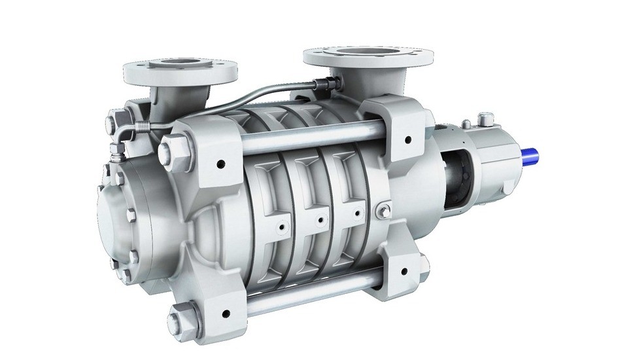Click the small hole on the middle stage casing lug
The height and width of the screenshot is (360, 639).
320,221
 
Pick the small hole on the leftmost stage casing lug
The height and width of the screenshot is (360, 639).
282,227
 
